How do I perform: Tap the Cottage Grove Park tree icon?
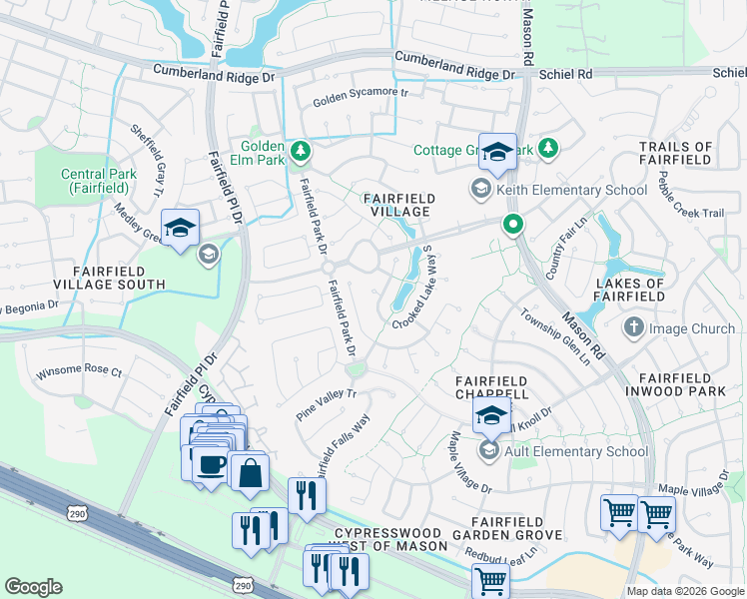[547, 150]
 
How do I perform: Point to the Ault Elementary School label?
[576, 451]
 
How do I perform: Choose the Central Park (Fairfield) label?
[98, 181]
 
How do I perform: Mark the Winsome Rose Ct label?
[78, 372]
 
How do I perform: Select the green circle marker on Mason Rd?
[513, 225]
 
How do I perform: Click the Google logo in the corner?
[33, 587]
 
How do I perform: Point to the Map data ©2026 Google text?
[684, 591]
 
